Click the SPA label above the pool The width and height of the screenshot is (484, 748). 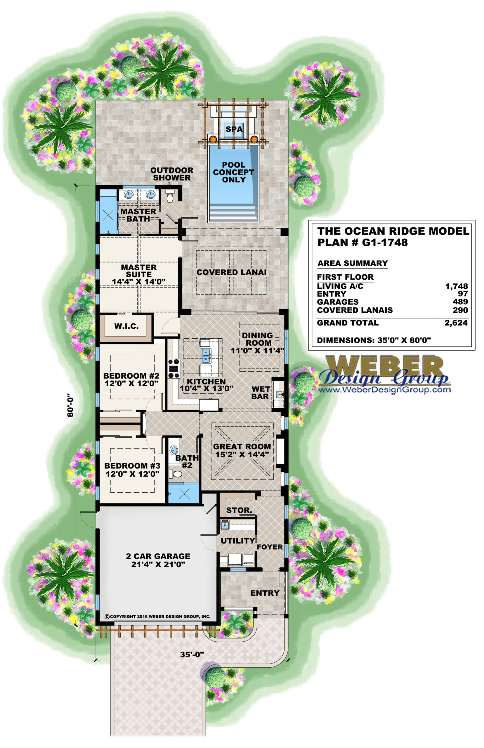[x=234, y=129]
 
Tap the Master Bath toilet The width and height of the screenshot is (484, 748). [x=170, y=197]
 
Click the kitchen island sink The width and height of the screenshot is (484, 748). [x=206, y=356]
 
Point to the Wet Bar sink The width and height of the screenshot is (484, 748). [x=279, y=394]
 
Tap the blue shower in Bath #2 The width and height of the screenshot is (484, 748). [x=183, y=493]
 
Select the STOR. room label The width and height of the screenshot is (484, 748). [x=239, y=510]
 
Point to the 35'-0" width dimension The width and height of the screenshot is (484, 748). [x=192, y=654]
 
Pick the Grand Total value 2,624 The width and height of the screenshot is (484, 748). [x=456, y=323]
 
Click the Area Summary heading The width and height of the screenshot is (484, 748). [x=353, y=263]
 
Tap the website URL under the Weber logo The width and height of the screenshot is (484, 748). [x=384, y=390]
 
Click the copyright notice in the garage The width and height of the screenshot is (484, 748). [x=157, y=617]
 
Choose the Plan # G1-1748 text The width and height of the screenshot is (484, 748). [x=363, y=242]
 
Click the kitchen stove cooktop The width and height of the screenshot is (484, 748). [x=174, y=368]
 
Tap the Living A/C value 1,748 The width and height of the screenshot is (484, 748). [x=456, y=286]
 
